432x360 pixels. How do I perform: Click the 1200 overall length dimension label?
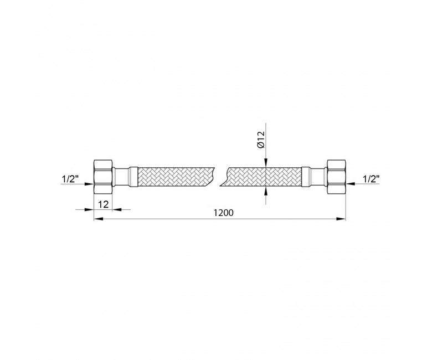tap(223, 213)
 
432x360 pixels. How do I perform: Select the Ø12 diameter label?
tap(261, 140)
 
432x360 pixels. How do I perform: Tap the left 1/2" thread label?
tap(69, 179)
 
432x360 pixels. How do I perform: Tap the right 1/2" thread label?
tap(371, 179)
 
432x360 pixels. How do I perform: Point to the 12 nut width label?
tap(104, 204)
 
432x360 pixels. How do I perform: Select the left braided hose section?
tap(176, 177)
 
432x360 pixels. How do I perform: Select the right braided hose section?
tap(264, 177)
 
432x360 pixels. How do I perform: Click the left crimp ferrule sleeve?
tap(132, 177)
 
